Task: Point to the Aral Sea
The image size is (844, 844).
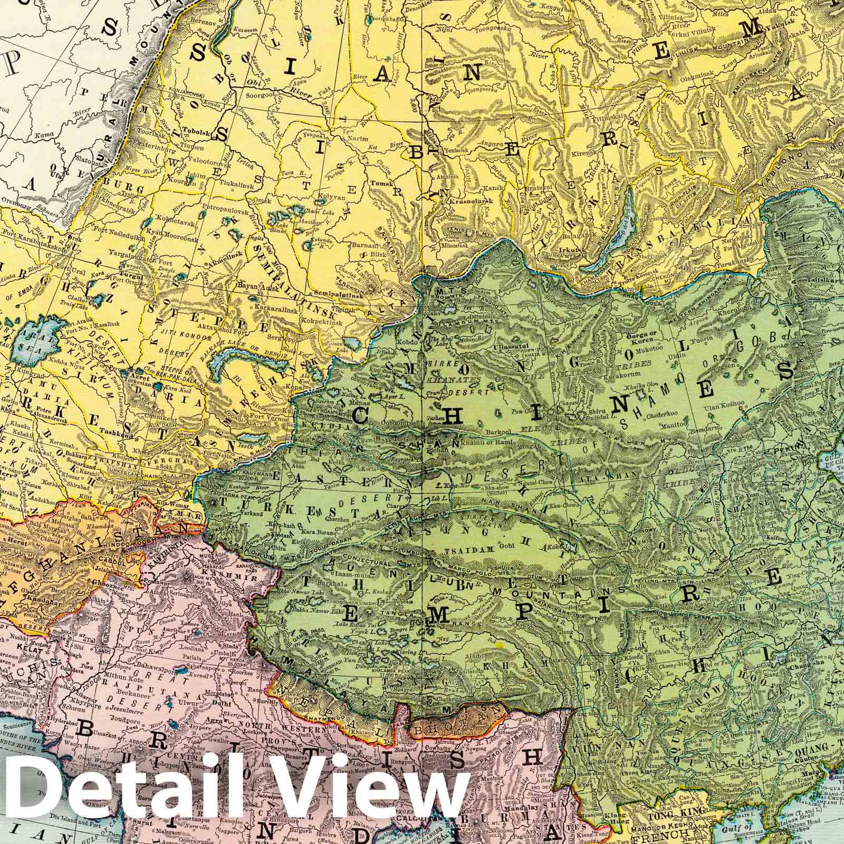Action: coord(37,338)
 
